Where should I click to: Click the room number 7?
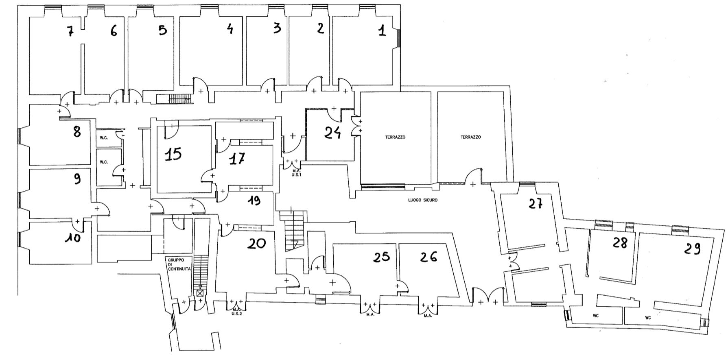pyautogui.click(x=70, y=31)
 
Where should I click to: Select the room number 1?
pyautogui.click(x=382, y=31)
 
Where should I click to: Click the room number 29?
pyautogui.click(x=692, y=249)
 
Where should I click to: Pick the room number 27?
pyautogui.click(x=536, y=203)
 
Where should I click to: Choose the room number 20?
pyautogui.click(x=257, y=243)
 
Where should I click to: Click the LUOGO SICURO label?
pyautogui.click(x=423, y=200)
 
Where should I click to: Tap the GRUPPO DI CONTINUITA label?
pyautogui.click(x=177, y=267)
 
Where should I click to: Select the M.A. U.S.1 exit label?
pyautogui.click(x=296, y=173)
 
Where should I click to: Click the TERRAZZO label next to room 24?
pyautogui.click(x=395, y=137)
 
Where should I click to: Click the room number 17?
pyautogui.click(x=237, y=159)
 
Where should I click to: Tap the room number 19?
pyautogui.click(x=254, y=201)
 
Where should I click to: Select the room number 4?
pyautogui.click(x=230, y=28)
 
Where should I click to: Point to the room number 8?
pyautogui.click(x=77, y=131)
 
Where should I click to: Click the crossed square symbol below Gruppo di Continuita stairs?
pyautogui.click(x=200, y=292)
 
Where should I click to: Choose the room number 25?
pyautogui.click(x=381, y=256)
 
